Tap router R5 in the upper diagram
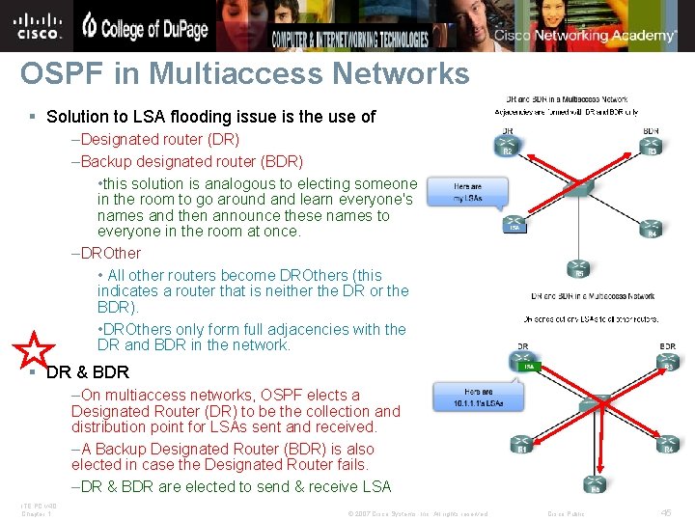coord(579,269)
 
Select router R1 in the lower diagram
coord(522,445)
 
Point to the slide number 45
coord(666,512)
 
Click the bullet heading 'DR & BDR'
coord(87,372)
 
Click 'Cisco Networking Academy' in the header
coord(586,36)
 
